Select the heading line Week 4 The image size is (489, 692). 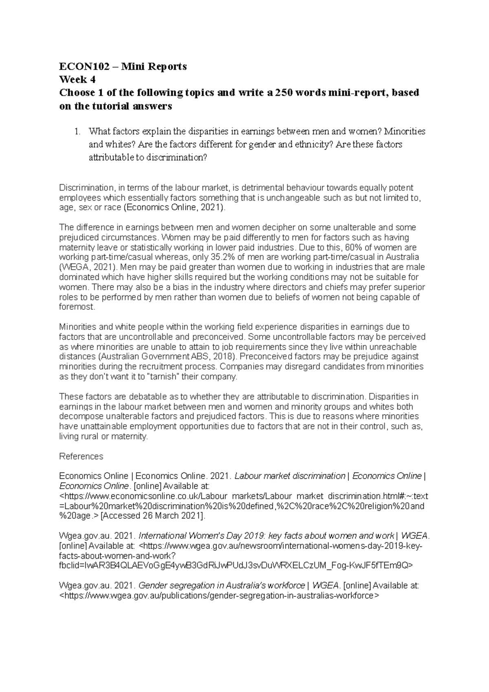pos(77,79)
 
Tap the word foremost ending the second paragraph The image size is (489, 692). pos(76,307)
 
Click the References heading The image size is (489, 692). pos(81,456)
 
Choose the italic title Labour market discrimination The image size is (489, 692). pos(290,476)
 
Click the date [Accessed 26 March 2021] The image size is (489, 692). pos(153,516)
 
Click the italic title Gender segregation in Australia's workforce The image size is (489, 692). pos(222,586)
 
